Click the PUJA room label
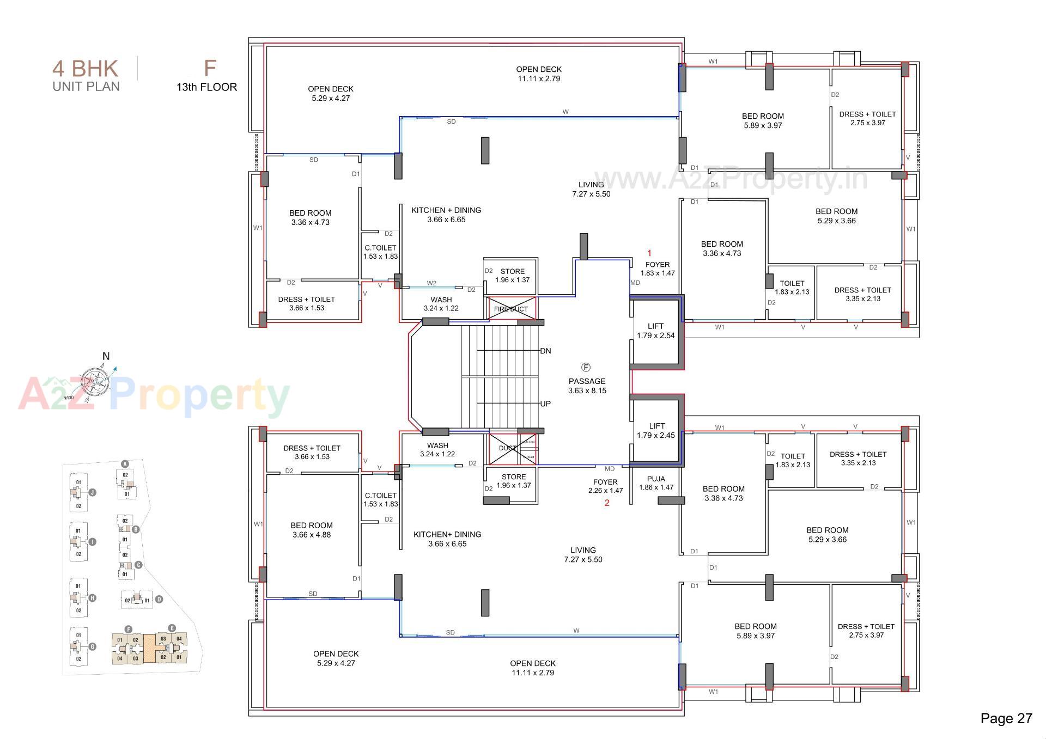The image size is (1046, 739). (x=656, y=483)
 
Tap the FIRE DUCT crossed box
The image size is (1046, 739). (x=511, y=309)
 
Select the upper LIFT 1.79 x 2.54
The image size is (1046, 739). (x=656, y=331)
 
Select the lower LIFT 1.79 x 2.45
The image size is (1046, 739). (x=656, y=430)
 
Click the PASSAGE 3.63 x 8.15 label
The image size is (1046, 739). (x=587, y=386)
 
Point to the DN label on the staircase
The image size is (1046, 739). (x=545, y=351)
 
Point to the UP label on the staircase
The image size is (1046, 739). (x=545, y=404)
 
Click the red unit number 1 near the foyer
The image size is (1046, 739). (x=649, y=253)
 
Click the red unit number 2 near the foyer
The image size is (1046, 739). (x=607, y=503)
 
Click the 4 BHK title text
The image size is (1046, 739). (x=85, y=69)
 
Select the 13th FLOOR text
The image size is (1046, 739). (x=206, y=87)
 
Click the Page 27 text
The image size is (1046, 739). (x=1006, y=718)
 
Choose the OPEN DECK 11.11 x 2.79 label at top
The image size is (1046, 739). (x=538, y=74)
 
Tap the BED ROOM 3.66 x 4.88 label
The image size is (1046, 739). (x=311, y=530)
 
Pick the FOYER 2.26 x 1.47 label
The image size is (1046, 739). (x=605, y=486)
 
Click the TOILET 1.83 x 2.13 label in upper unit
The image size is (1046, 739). (x=792, y=287)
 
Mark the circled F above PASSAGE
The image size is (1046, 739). (x=586, y=367)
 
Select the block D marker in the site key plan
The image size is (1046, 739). (x=159, y=599)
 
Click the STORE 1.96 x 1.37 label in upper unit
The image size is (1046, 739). (x=512, y=275)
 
